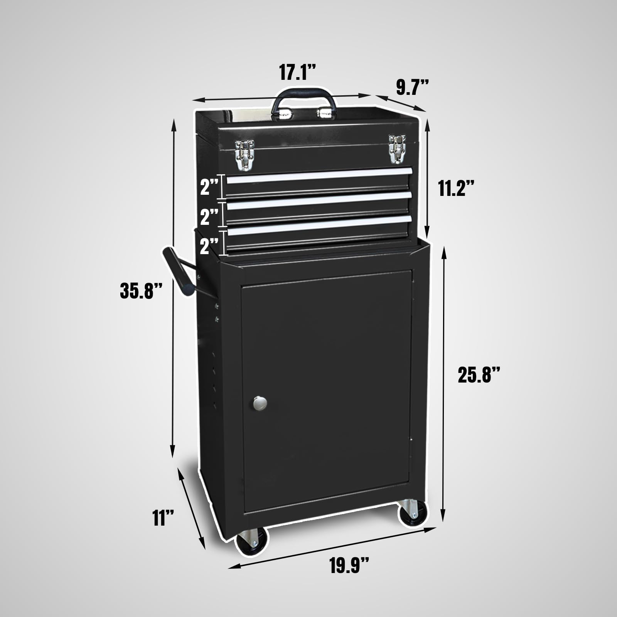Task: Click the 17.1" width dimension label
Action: tap(298, 72)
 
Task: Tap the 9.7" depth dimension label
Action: tap(413, 88)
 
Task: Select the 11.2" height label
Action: tap(456, 189)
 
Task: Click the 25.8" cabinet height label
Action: tap(479, 374)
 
